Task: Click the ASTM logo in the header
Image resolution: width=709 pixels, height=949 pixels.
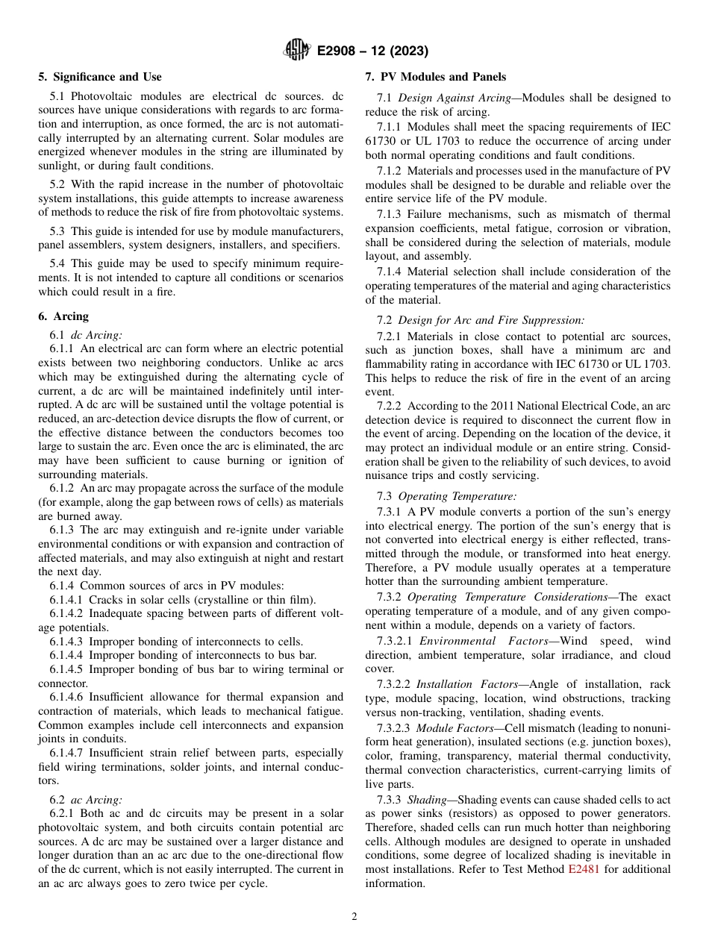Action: coord(297,51)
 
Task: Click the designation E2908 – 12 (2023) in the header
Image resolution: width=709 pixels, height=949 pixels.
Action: coord(372,51)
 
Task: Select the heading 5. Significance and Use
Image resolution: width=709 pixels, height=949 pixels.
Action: coord(100,77)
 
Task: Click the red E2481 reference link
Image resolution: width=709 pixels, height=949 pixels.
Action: coord(584,868)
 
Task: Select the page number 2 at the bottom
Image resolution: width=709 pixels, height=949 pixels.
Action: coord(354,917)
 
